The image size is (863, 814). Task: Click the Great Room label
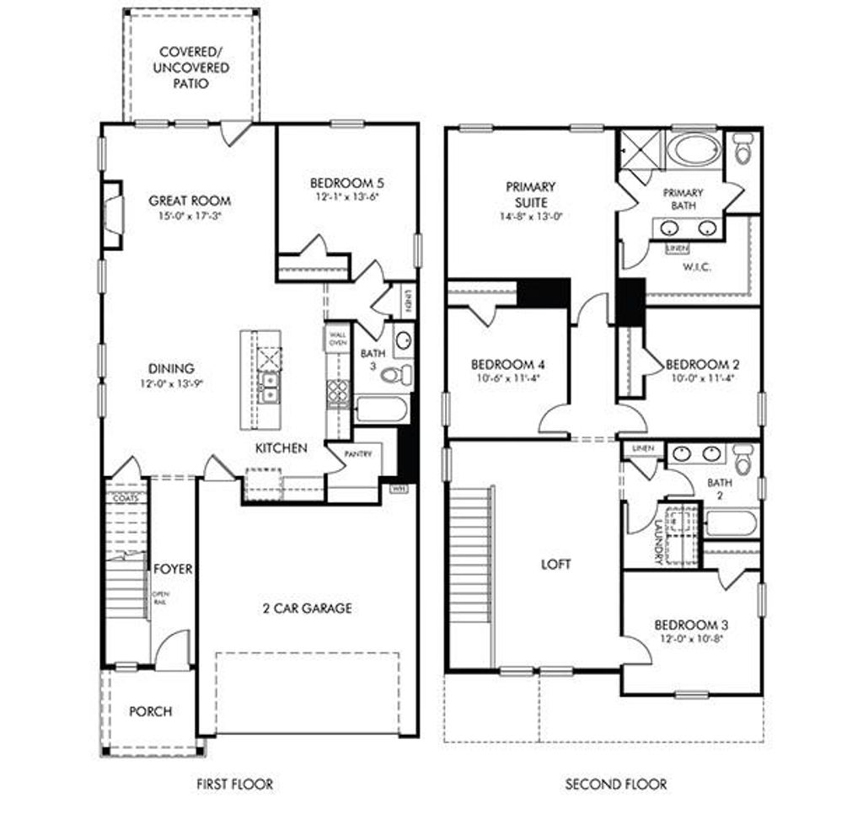190,201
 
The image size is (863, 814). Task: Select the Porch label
150,712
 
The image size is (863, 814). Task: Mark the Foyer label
172,570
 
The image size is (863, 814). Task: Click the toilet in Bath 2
743,460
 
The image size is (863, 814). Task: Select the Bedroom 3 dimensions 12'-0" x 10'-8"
691,639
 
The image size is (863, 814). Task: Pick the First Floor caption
234,784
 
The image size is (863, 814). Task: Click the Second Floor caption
615,784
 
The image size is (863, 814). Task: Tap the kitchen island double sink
271,388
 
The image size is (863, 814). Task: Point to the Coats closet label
125,498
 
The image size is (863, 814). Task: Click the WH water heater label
397,488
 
